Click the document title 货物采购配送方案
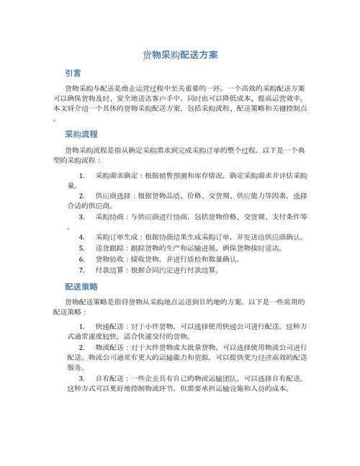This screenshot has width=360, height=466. point(180,55)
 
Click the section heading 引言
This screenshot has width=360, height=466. point(73,73)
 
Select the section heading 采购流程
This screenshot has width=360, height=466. point(81,135)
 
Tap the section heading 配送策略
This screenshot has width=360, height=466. point(81,286)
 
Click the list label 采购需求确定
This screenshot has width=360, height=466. point(118,175)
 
